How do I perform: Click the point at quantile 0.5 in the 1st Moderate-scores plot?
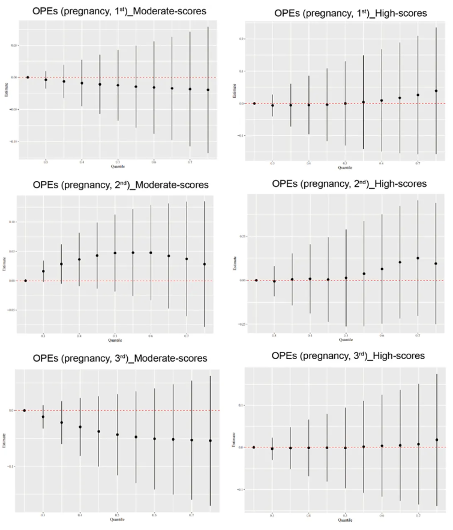click(118, 85)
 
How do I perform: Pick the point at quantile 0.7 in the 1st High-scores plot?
click(418, 95)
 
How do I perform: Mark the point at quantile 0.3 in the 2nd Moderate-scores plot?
click(43, 272)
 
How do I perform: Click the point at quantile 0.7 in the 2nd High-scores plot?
click(418, 258)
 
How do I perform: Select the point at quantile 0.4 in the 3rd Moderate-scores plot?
click(80, 427)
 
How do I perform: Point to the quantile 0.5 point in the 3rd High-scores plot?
click(345, 448)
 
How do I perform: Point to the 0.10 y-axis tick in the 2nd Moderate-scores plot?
click(14, 222)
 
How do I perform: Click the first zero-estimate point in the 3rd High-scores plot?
click(254, 447)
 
